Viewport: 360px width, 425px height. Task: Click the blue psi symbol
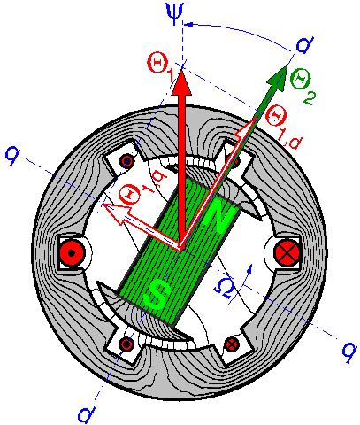[175, 14]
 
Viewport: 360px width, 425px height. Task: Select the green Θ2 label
[302, 86]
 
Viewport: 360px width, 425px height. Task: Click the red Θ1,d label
[282, 128]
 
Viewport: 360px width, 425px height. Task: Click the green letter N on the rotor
[220, 217]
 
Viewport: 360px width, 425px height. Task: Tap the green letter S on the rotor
[159, 295]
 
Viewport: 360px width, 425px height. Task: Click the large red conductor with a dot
[72, 252]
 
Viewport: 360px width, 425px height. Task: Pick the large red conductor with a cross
[287, 252]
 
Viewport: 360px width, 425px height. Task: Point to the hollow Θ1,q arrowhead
[116, 212]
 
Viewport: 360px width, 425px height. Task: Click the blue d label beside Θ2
[304, 45]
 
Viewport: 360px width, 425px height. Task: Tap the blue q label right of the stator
[349, 352]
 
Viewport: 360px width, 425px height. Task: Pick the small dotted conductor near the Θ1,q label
[126, 161]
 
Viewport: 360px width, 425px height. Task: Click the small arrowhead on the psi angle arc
[190, 24]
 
